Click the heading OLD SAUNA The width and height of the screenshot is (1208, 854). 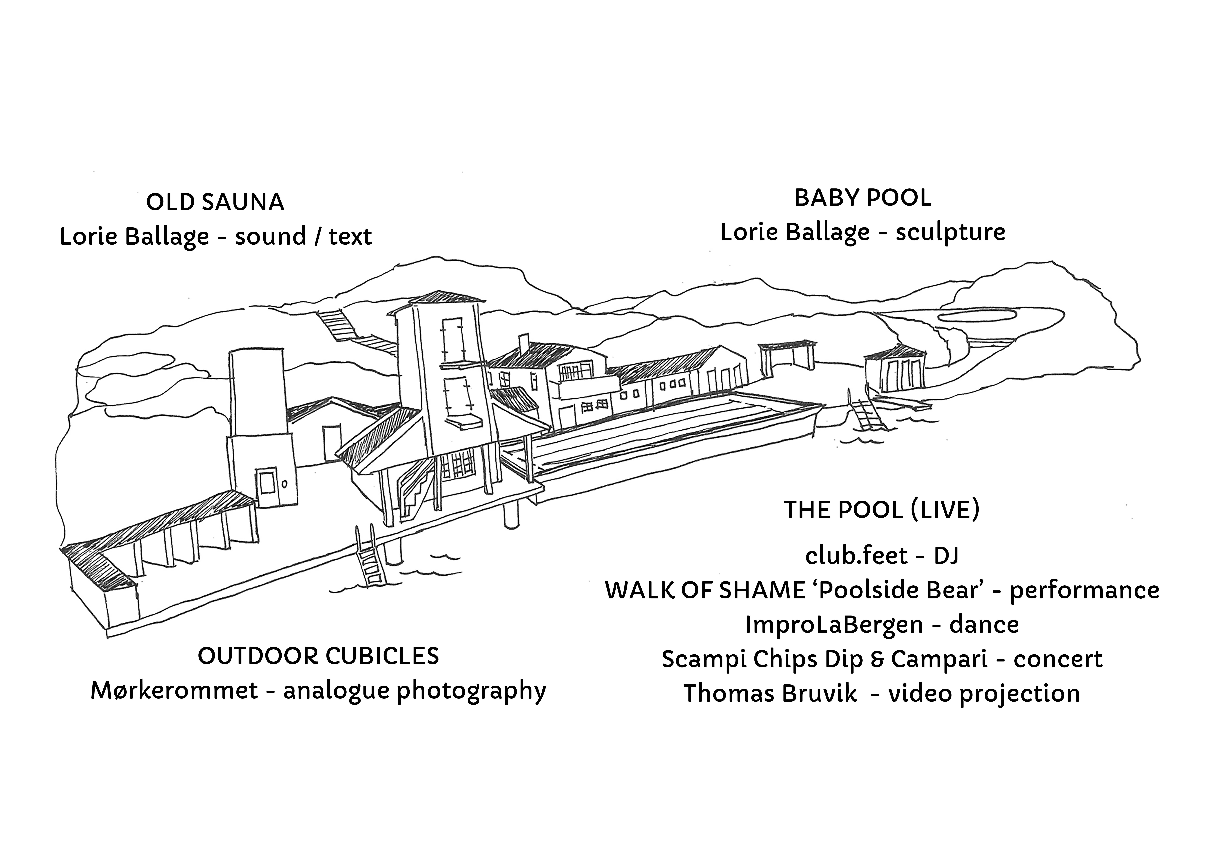click(215, 203)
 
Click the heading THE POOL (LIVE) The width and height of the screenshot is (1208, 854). click(882, 510)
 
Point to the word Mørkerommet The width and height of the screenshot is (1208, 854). click(174, 690)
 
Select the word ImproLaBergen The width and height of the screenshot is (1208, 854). click(834, 625)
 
